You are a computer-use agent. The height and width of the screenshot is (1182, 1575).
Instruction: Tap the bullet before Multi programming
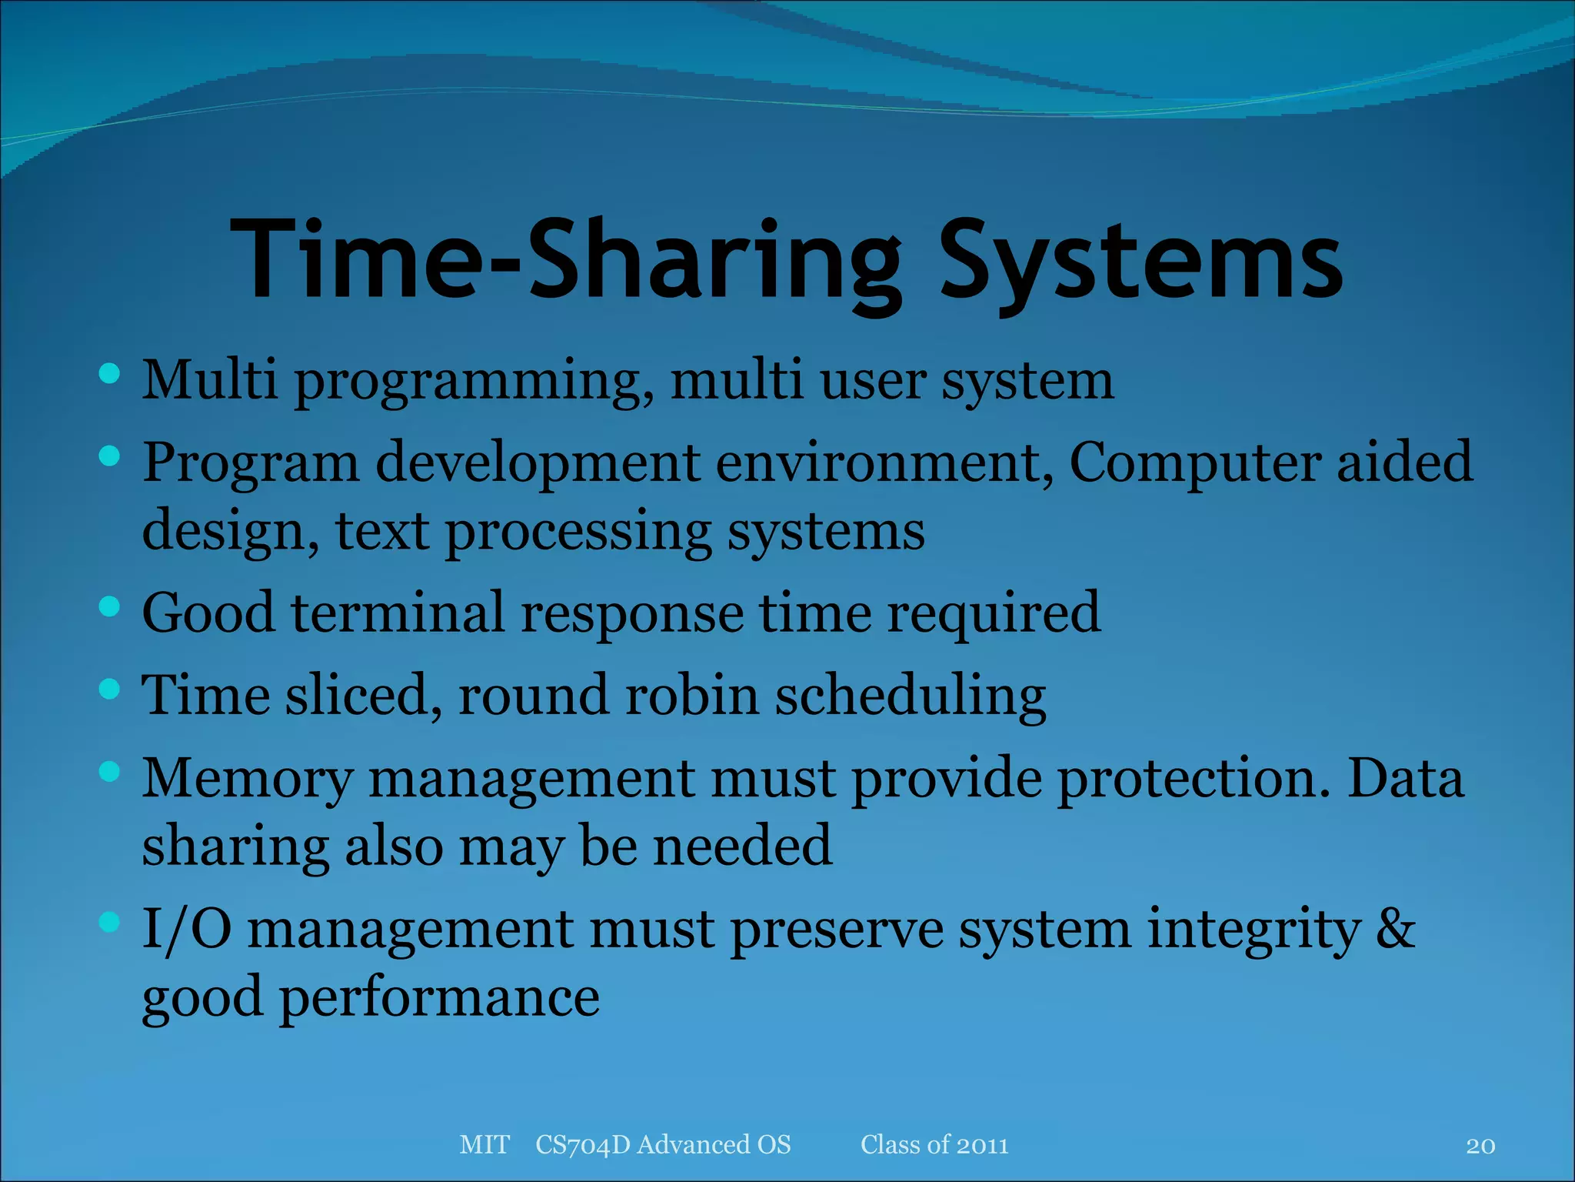pyautogui.click(x=110, y=375)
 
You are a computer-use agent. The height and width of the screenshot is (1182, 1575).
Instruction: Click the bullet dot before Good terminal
pyautogui.click(x=110, y=607)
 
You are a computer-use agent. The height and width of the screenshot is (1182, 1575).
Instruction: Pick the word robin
pyautogui.click(x=691, y=695)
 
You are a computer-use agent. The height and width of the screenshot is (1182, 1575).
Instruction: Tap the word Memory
pyautogui.click(x=247, y=780)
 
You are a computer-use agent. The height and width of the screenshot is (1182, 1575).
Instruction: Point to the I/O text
pyautogui.click(x=187, y=929)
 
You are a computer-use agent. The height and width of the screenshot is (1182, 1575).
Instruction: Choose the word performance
pyautogui.click(x=438, y=998)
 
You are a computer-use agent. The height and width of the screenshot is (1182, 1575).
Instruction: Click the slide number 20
pyautogui.click(x=1480, y=1146)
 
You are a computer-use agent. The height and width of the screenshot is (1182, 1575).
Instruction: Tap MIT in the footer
pyautogui.click(x=484, y=1145)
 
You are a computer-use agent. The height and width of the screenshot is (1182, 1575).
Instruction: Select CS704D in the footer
pyautogui.click(x=582, y=1145)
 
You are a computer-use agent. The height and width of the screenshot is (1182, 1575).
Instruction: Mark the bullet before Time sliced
pyautogui.click(x=110, y=689)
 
